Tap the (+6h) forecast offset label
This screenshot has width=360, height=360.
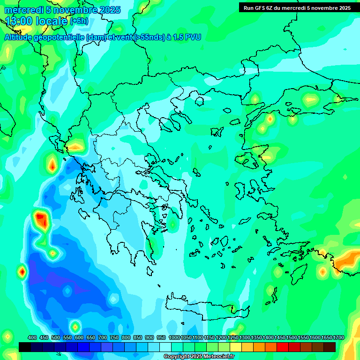tap(79, 21)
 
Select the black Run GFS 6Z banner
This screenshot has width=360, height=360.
tap(296, 7)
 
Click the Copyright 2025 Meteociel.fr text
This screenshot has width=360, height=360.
tap(199, 357)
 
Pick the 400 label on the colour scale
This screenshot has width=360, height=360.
tap(32, 337)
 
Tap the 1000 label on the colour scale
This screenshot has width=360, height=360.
tap(174, 337)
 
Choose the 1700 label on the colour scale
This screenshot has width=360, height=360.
tap(338, 337)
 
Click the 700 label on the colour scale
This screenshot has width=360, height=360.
tap(103, 337)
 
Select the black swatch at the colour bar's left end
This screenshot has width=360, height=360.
tap(25, 347)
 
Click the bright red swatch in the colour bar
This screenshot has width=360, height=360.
tap(283, 347)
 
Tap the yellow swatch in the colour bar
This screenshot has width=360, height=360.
tap(236, 347)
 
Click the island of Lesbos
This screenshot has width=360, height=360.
tap(249, 159)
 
